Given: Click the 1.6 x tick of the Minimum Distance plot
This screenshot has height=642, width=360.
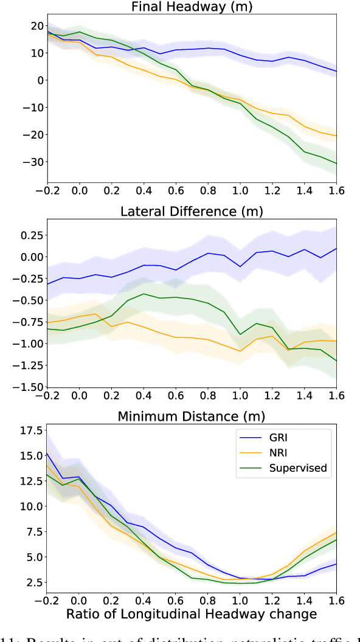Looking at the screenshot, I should coord(336,599).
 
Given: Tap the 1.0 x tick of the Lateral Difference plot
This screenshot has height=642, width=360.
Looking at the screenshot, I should coord(240,395).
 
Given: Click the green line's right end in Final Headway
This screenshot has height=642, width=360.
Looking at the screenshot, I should coord(336,164).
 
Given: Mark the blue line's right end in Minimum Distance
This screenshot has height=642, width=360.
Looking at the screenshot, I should coord(336,564).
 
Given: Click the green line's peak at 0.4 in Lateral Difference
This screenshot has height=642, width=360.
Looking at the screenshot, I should coord(144,294).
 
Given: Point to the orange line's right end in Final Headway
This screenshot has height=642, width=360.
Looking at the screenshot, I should coord(336,136).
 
